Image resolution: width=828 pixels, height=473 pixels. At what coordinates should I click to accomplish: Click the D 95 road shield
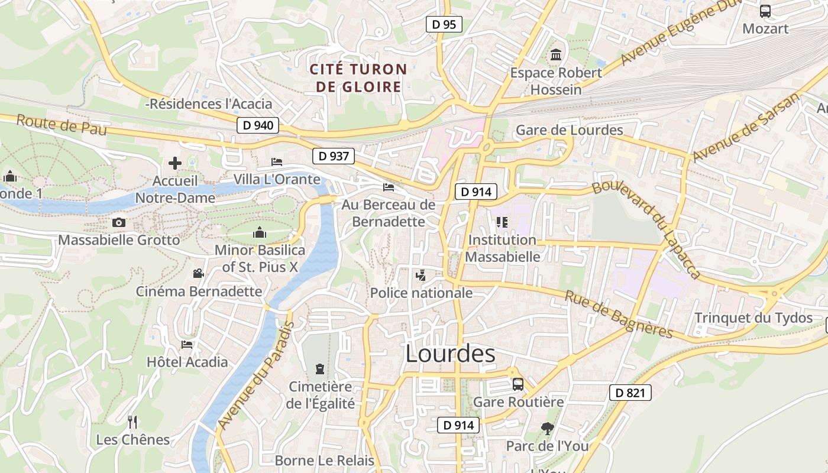pos(444,24)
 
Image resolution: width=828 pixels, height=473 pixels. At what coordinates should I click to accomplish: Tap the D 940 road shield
pos(258,125)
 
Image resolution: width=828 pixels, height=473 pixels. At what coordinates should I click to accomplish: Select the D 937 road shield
pos(333,156)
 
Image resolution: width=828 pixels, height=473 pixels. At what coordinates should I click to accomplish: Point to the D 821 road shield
pos(630,393)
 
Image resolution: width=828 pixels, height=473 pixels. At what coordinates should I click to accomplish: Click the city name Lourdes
pos(450,354)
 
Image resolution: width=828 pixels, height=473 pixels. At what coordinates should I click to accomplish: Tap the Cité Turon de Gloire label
pos(358,78)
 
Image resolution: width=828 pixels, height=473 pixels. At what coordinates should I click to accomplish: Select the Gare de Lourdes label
pos(570,130)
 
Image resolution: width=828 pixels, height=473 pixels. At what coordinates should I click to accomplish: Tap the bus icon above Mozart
pos(765,11)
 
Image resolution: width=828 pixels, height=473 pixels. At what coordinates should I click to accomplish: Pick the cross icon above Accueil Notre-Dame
pos(175,163)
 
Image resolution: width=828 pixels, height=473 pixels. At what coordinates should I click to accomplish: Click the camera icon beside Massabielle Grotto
pos(119,223)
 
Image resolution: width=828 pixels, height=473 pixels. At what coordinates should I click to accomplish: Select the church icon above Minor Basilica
pos(259,233)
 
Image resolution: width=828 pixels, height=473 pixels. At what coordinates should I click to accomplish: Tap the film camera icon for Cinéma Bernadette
pos(199,274)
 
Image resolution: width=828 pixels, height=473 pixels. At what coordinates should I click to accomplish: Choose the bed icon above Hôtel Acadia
pos(187,345)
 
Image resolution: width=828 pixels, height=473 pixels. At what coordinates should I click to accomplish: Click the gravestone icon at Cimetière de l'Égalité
pos(320,369)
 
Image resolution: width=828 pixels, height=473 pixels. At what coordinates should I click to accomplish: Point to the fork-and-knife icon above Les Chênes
pos(132,422)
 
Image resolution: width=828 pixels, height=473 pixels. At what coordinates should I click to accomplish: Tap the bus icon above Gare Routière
pos(518,384)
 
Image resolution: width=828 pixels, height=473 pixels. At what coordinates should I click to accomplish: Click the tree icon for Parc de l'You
pos(548,428)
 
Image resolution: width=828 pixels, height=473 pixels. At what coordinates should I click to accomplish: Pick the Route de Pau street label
pos(62,125)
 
